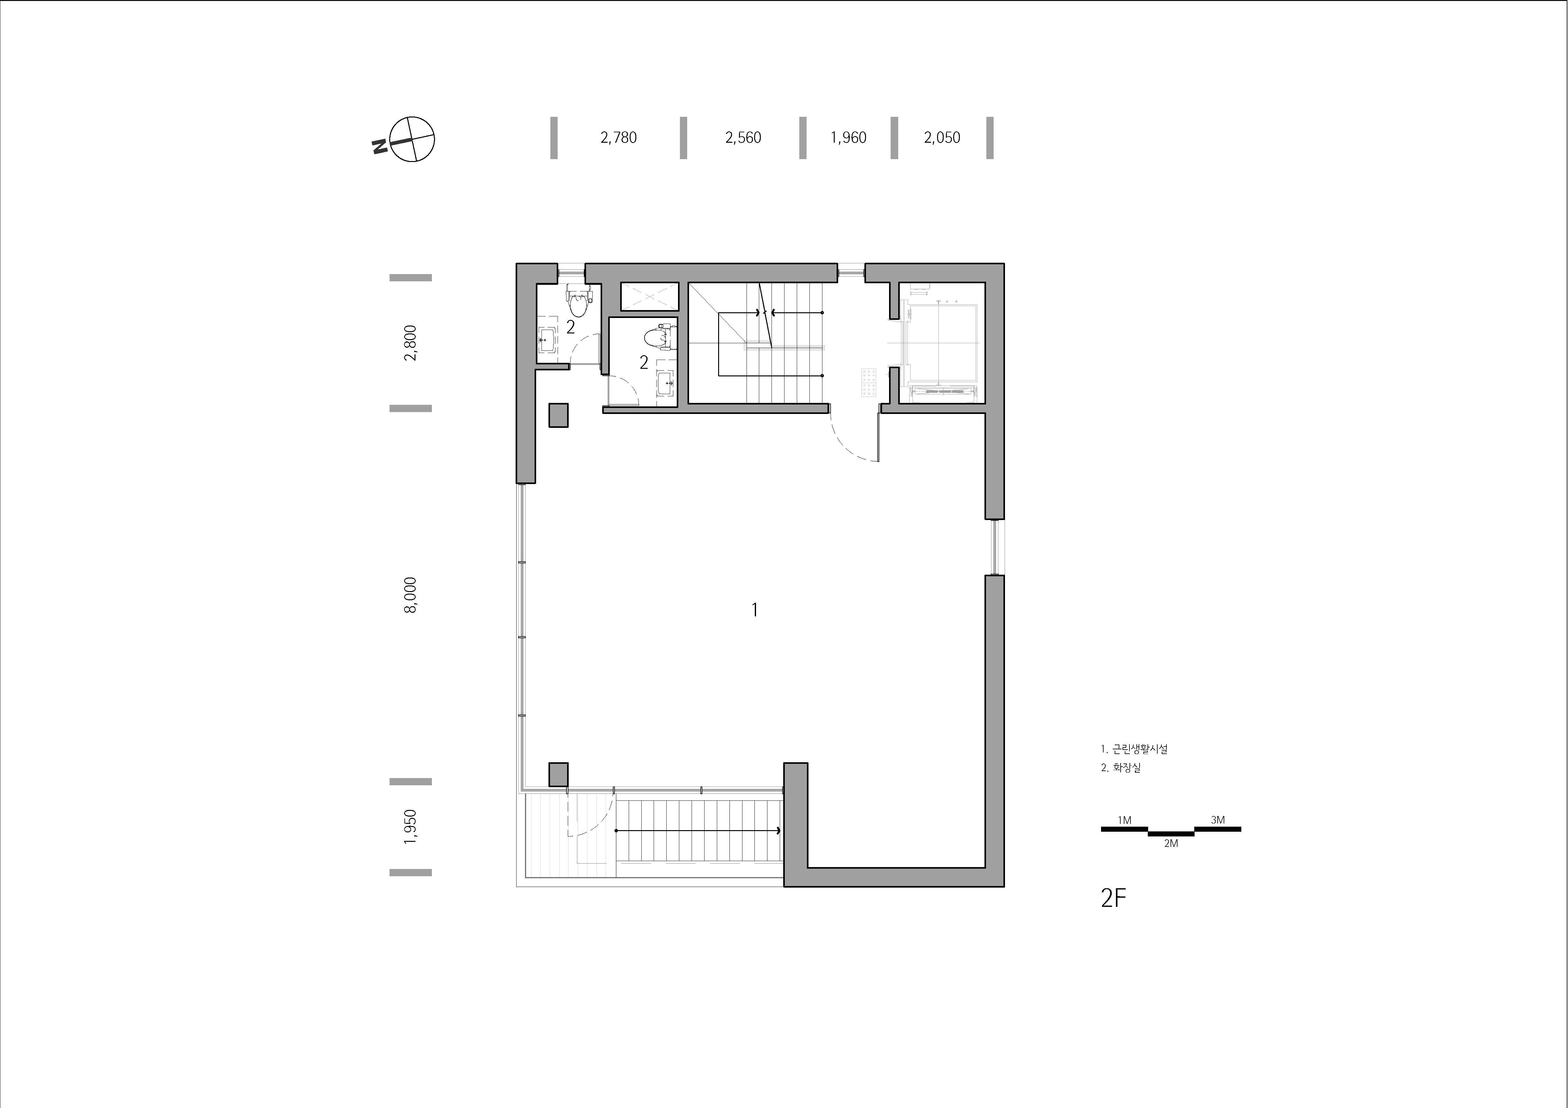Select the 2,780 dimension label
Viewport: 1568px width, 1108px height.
point(619,138)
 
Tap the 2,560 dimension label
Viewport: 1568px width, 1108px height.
point(743,138)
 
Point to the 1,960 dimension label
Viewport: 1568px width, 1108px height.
point(848,138)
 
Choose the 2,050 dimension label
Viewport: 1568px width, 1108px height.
point(942,138)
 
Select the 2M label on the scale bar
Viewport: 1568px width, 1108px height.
point(1171,844)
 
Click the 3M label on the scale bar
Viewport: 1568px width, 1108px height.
point(1218,820)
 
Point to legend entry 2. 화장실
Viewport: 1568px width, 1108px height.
point(1121,767)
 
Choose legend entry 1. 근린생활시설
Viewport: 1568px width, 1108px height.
point(1134,749)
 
